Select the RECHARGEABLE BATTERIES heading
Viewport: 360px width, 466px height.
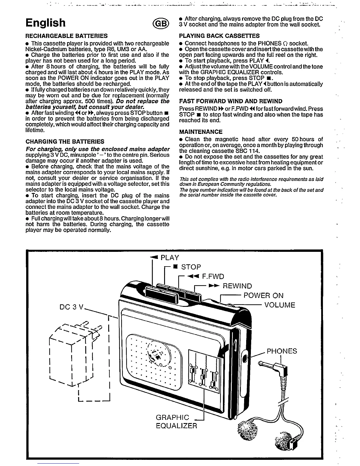[66, 36]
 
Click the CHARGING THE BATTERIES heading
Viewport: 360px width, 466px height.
[65, 142]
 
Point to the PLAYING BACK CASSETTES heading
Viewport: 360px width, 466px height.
[219, 36]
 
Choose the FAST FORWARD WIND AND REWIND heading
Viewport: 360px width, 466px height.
[231, 101]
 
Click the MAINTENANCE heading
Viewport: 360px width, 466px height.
[201, 132]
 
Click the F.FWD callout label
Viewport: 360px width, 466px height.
[213, 277]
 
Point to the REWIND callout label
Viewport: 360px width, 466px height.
[237, 286]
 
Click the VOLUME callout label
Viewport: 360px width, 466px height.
[279, 305]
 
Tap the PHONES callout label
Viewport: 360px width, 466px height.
[281, 351]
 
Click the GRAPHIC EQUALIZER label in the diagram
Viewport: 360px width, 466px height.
[176, 422]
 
